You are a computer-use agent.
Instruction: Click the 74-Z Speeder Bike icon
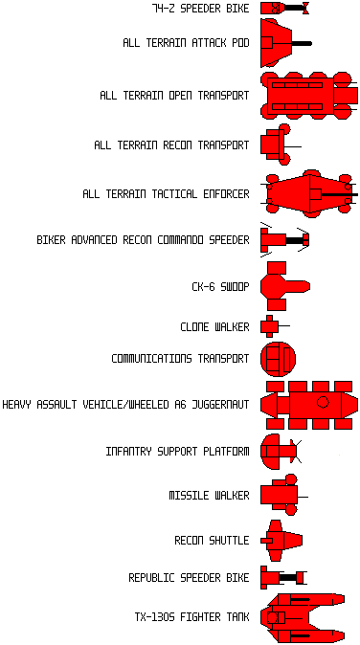click(x=284, y=8)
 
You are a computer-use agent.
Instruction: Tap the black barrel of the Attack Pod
click(x=302, y=43)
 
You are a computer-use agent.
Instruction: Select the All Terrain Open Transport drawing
click(x=309, y=96)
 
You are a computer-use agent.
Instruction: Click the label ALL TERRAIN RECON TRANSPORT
click(x=171, y=145)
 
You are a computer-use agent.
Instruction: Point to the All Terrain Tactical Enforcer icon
click(x=309, y=193)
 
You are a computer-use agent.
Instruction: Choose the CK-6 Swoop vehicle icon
click(x=285, y=286)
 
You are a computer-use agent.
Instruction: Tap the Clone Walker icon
click(x=275, y=326)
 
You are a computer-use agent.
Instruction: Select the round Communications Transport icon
click(x=278, y=359)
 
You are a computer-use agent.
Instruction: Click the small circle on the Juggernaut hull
click(x=323, y=402)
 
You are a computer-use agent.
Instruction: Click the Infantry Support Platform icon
click(x=281, y=452)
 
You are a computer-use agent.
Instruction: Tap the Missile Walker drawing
click(x=284, y=495)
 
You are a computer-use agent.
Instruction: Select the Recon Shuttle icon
click(x=281, y=541)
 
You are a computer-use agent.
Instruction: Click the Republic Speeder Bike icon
click(x=284, y=578)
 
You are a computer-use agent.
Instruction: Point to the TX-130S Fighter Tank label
click(x=192, y=617)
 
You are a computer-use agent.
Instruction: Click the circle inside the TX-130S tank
click(x=273, y=617)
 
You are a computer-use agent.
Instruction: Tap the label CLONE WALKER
click(x=214, y=327)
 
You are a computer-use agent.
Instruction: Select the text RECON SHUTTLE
click(x=212, y=540)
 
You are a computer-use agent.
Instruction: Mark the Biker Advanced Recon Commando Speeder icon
click(x=284, y=240)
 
